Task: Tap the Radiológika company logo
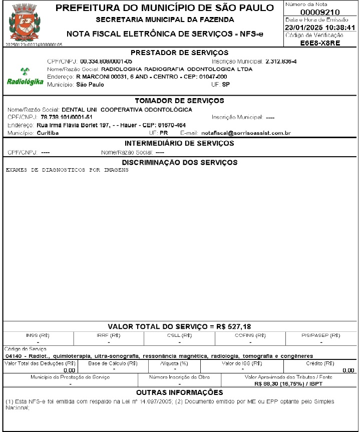[25, 78]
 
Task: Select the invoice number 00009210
[320, 12]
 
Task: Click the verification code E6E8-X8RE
[320, 43]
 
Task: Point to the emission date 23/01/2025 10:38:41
[320, 28]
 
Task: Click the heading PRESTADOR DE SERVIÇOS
[179, 53]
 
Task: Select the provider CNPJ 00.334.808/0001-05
[106, 61]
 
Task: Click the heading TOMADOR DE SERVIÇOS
[179, 101]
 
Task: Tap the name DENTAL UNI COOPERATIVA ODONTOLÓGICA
[126, 109]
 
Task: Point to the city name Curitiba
[48, 133]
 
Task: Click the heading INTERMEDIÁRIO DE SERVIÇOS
[179, 144]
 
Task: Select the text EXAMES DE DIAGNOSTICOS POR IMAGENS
[67, 170]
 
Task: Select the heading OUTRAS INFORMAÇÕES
[179, 392]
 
